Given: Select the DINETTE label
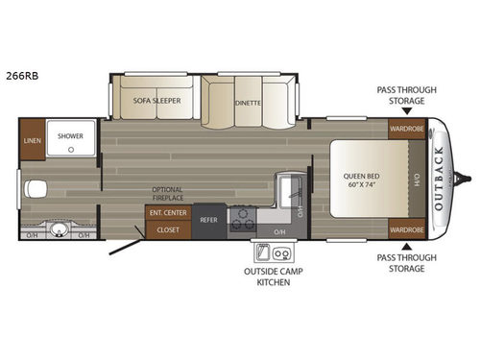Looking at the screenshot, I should coord(249,99).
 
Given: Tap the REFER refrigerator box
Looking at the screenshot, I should coord(208,221).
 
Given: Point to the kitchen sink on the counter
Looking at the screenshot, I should coord(286,184).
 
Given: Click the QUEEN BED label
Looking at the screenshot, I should coord(362,175).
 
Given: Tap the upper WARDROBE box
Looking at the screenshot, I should coord(407,129).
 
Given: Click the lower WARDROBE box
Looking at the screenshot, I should coord(407,230).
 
